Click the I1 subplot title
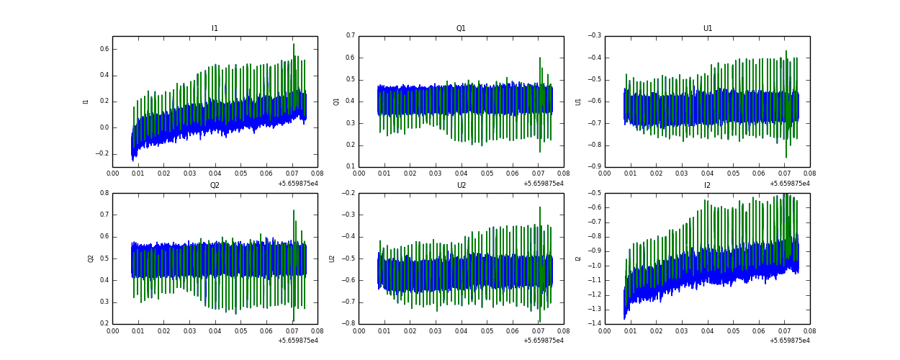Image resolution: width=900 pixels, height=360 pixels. tap(215, 29)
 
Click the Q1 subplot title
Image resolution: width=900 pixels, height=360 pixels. tap(461, 29)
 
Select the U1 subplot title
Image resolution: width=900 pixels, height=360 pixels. tap(707, 29)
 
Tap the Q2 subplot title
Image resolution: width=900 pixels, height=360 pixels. tap(215, 186)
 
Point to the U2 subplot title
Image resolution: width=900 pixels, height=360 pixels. tap(461, 186)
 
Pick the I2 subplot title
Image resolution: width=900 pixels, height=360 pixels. tap(707, 186)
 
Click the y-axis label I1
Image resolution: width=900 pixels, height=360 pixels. tap(86, 102)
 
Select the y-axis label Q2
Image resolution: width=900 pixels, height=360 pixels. tap(91, 258)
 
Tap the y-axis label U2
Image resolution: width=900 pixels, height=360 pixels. tap(333, 258)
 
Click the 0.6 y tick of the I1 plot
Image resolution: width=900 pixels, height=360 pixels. tap(104, 49)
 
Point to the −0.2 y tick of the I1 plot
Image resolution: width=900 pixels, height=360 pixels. tap(101, 153)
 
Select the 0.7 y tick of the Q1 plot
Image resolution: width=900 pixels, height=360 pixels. tap(350, 35)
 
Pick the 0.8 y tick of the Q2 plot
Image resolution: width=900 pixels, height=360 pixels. tap(104, 193)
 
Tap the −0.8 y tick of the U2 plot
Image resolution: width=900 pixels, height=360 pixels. tap(347, 324)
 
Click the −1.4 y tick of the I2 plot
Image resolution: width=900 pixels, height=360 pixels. tap(593, 324)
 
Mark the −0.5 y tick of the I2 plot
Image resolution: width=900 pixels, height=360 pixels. tap(593, 193)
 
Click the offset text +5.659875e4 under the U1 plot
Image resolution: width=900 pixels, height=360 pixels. tap(789, 184)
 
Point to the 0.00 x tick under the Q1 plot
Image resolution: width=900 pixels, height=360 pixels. tap(359, 174)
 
